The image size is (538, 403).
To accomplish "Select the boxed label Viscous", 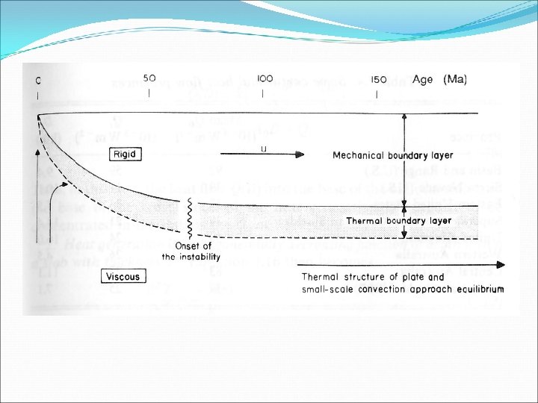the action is (x=122, y=276).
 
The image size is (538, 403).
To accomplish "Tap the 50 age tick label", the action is (x=149, y=78).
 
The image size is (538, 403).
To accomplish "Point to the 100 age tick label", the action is (x=264, y=78).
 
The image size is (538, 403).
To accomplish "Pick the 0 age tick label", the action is (x=37, y=79).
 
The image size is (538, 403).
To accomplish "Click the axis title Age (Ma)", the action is (x=444, y=78).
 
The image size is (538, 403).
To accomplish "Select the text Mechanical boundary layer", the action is (x=393, y=155).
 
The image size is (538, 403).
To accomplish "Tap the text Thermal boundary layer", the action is (x=398, y=221).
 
